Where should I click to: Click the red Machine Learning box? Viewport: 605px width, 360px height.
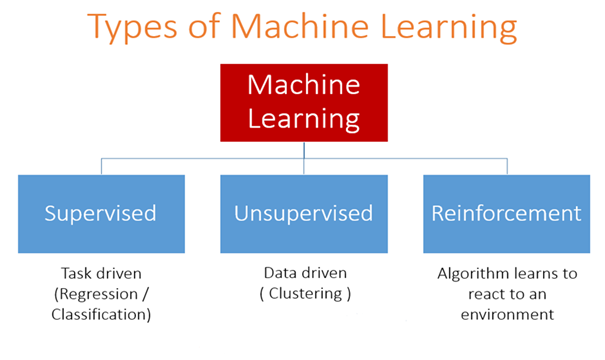(302, 103)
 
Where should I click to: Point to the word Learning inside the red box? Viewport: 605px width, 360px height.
(302, 120)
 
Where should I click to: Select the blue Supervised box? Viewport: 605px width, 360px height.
(101, 213)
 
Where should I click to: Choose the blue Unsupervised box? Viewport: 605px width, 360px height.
(303, 213)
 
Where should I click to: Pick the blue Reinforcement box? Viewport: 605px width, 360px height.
(505, 213)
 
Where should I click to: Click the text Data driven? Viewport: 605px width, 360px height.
(303, 272)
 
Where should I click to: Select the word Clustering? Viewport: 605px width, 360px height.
(304, 294)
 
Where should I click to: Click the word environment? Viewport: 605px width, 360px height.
(505, 315)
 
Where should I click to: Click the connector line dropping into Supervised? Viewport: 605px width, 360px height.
(101, 166)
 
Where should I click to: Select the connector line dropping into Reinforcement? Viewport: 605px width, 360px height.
(506, 166)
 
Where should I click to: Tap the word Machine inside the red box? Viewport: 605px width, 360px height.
(302, 86)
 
